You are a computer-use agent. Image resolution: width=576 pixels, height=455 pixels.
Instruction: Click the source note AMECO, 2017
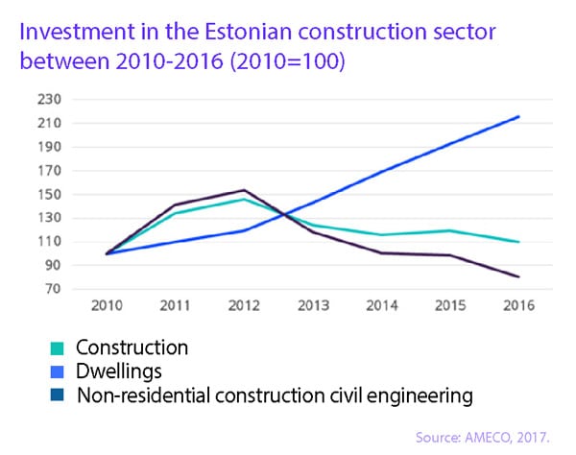coord(514,438)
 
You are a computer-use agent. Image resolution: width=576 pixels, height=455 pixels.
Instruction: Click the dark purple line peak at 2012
coord(245,190)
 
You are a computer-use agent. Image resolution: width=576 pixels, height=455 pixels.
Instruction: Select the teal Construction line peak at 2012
coord(245,200)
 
